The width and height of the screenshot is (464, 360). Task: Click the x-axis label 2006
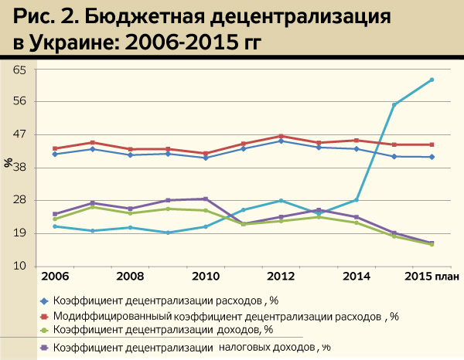pyautogui.click(x=53, y=276)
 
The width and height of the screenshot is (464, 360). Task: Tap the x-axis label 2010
pyautogui.click(x=204, y=276)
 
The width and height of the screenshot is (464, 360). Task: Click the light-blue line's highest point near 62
pyautogui.click(x=432, y=80)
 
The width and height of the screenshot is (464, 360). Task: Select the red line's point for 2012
pyautogui.click(x=281, y=136)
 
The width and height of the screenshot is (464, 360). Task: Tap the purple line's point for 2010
pyautogui.click(x=205, y=199)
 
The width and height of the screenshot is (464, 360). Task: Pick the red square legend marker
pyautogui.click(x=44, y=316)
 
